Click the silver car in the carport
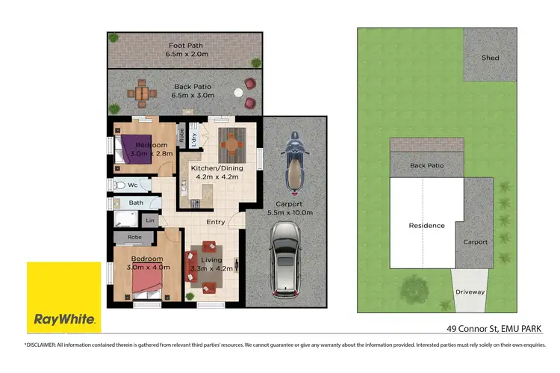coord(285,259)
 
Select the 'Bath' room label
coord(136,202)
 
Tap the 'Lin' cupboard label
coord(150,220)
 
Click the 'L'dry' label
coord(193,138)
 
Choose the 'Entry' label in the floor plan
coord(215,221)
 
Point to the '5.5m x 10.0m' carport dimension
coord(288,213)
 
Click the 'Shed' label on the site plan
coord(490,58)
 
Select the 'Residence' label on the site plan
coord(426,225)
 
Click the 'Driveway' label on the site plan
coord(470,292)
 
